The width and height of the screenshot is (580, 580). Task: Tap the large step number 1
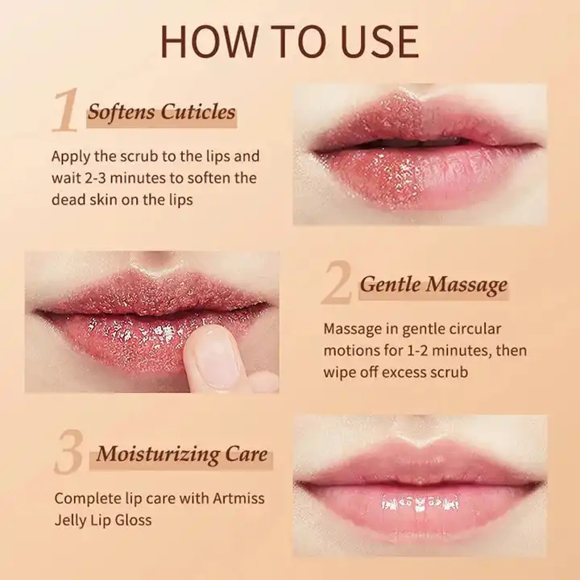pyautogui.click(x=66, y=111)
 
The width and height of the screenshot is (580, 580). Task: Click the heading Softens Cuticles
pyautogui.click(x=161, y=111)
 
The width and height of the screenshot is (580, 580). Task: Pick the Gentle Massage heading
pyautogui.click(x=433, y=284)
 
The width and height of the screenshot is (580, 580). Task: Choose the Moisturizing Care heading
pyautogui.click(x=182, y=454)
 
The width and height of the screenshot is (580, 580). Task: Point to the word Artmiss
pyautogui.click(x=239, y=499)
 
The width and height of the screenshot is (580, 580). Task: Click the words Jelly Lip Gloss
pyautogui.click(x=103, y=520)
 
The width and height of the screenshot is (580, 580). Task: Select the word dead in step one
pyautogui.click(x=68, y=199)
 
